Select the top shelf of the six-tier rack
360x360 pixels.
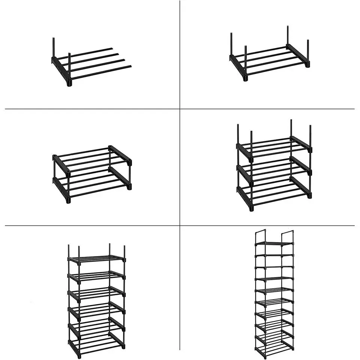coord(97,258)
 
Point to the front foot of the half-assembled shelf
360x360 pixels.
coord(69,84)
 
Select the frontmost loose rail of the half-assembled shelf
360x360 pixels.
coord(101,72)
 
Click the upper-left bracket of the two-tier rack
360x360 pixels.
coord(61,165)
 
